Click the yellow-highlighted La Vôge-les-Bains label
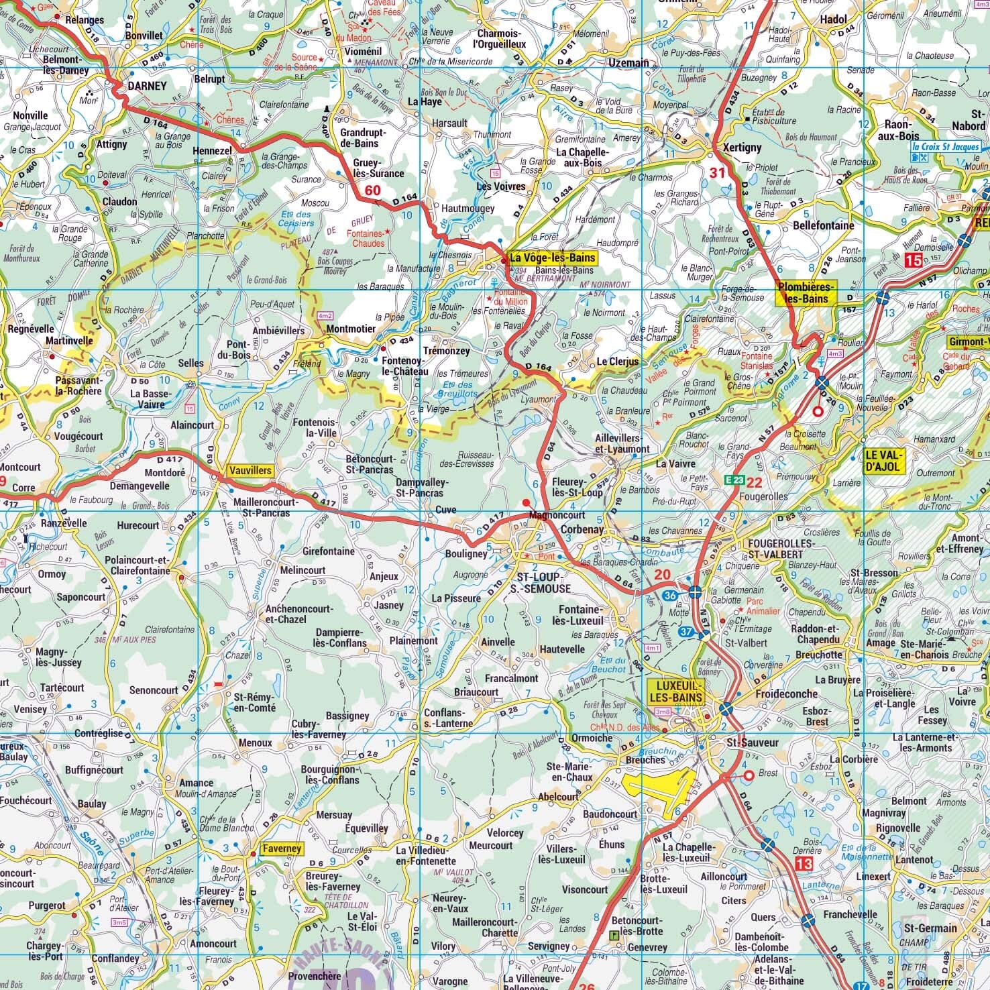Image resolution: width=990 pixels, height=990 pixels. (x=551, y=257)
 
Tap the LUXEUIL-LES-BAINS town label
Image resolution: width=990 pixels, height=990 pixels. (x=676, y=692)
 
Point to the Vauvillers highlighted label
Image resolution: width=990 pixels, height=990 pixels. (x=250, y=471)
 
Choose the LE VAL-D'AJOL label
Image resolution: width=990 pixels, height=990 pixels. (x=885, y=461)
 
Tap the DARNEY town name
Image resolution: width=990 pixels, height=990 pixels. (x=146, y=86)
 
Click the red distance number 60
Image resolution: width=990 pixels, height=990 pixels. (x=372, y=190)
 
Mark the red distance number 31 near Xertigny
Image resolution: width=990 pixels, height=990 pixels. (x=718, y=172)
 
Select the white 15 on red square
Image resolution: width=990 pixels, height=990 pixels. (x=913, y=260)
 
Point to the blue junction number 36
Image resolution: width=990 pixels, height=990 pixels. (x=669, y=595)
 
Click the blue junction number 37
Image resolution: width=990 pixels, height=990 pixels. (x=685, y=632)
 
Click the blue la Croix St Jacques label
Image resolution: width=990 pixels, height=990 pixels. (x=945, y=147)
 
